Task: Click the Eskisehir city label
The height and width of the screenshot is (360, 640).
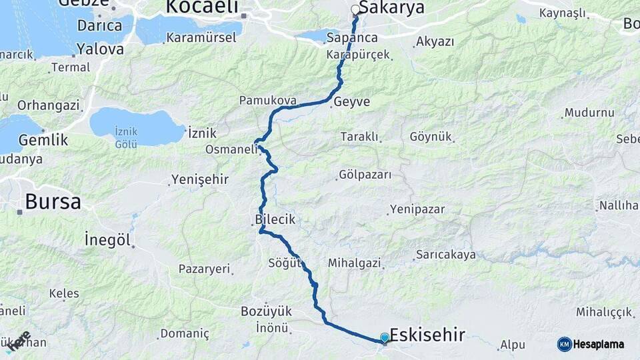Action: pos(427,334)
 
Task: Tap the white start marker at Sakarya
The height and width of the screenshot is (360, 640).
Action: pos(355,10)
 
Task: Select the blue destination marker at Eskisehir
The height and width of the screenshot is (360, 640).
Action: pos(385,339)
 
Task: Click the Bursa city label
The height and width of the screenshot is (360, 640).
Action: pos(53,201)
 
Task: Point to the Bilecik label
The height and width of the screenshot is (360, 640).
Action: pos(275,219)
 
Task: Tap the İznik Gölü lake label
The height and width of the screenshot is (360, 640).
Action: pos(126,138)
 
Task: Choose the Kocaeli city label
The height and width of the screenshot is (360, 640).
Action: pos(201,7)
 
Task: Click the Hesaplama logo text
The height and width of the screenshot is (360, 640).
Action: pos(598,344)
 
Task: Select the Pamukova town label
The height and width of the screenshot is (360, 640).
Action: pos(267,101)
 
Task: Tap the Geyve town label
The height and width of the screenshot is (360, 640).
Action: pos(351,102)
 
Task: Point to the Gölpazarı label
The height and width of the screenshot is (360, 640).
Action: pos(365,175)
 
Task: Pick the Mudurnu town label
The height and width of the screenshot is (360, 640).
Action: pos(589,113)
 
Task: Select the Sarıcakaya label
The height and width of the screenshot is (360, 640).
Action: pos(446,254)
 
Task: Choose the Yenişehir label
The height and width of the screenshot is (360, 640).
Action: pos(199,179)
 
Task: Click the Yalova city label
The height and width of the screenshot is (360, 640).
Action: pos(100,49)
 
